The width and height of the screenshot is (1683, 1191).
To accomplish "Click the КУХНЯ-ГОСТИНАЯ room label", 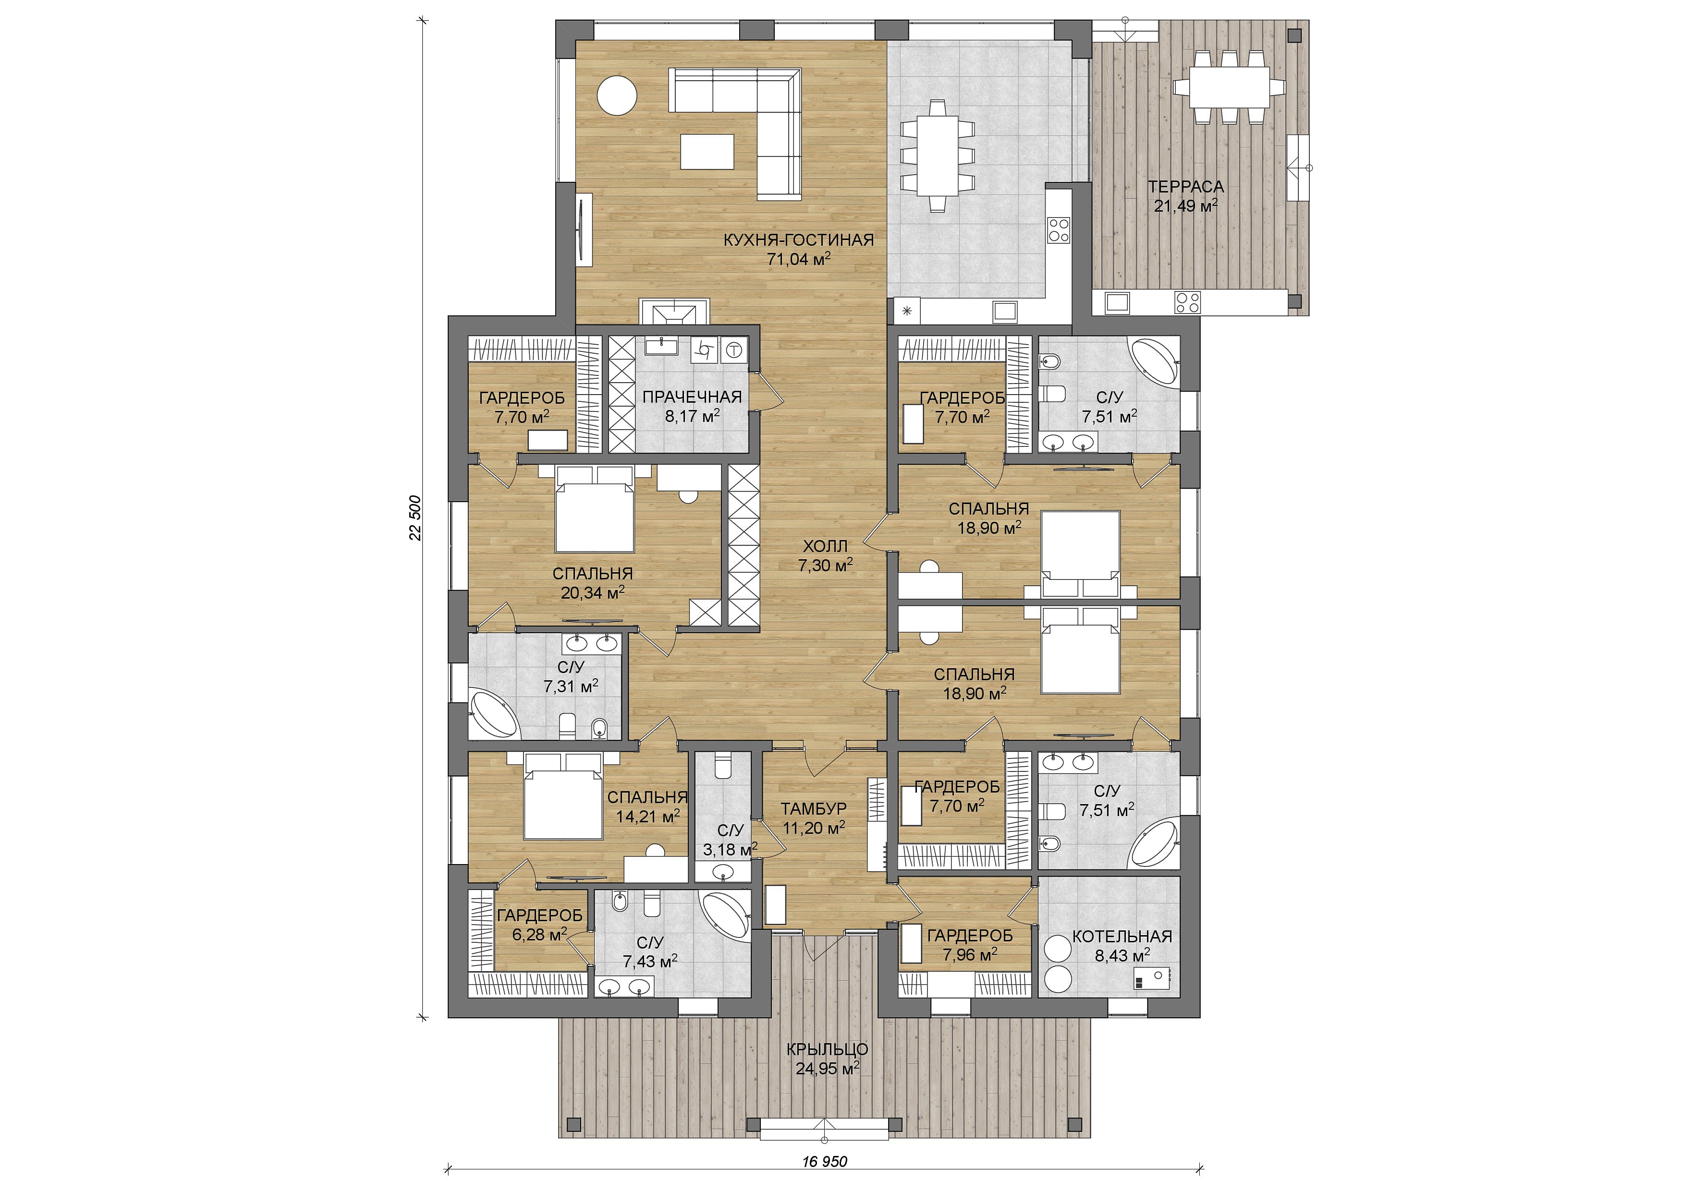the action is (x=798, y=240).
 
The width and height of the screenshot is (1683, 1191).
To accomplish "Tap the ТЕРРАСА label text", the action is (x=1185, y=187).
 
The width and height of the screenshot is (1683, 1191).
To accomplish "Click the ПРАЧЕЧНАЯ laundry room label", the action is (x=692, y=397).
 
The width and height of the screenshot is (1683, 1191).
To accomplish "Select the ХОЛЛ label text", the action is (x=825, y=546).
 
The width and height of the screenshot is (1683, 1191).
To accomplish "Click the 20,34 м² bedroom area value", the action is (x=593, y=592).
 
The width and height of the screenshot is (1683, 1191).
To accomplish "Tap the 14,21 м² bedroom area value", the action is (x=648, y=816).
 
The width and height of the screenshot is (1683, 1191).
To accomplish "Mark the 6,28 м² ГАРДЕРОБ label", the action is (x=540, y=915).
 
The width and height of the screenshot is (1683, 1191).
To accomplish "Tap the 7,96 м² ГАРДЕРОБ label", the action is (x=970, y=936).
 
